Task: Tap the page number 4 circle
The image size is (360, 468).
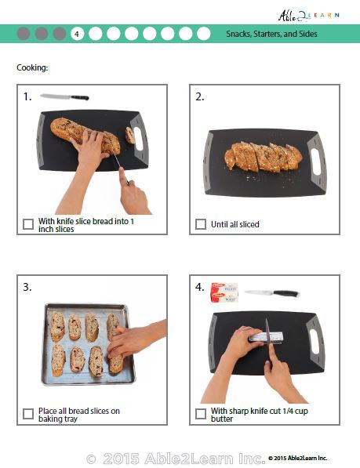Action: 77,34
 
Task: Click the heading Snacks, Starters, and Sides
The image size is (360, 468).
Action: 271,34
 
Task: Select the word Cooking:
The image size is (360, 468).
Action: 32,67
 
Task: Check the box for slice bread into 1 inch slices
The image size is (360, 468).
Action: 28,224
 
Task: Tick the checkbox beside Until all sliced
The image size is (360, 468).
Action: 201,224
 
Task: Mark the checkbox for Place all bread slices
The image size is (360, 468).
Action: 28,414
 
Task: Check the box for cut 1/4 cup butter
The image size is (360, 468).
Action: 201,414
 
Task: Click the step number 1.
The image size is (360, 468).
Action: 27,97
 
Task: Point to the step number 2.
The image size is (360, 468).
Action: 200,97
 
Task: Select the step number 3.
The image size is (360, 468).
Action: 27,288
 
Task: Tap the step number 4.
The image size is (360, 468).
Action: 200,288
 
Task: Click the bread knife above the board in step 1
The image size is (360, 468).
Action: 64,97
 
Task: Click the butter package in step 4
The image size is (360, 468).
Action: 224,294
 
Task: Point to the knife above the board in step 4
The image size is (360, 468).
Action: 271,294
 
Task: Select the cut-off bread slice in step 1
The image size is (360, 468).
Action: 129,136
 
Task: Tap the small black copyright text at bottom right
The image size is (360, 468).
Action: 298,458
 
